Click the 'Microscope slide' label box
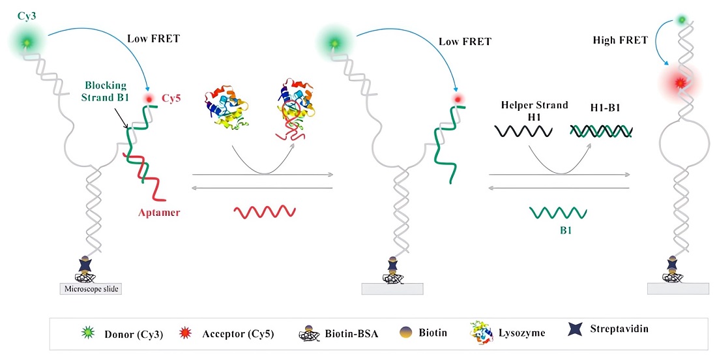pyautogui.click(x=91, y=288)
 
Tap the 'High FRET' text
pyautogui.click(x=620, y=40)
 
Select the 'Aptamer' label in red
pyautogui.click(x=158, y=212)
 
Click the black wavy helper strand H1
pyautogui.click(x=524, y=131)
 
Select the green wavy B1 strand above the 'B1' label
pyautogui.click(x=557, y=212)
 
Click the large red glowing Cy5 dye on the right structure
pyautogui.click(x=681, y=83)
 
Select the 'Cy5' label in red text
pyautogui.click(x=173, y=98)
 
